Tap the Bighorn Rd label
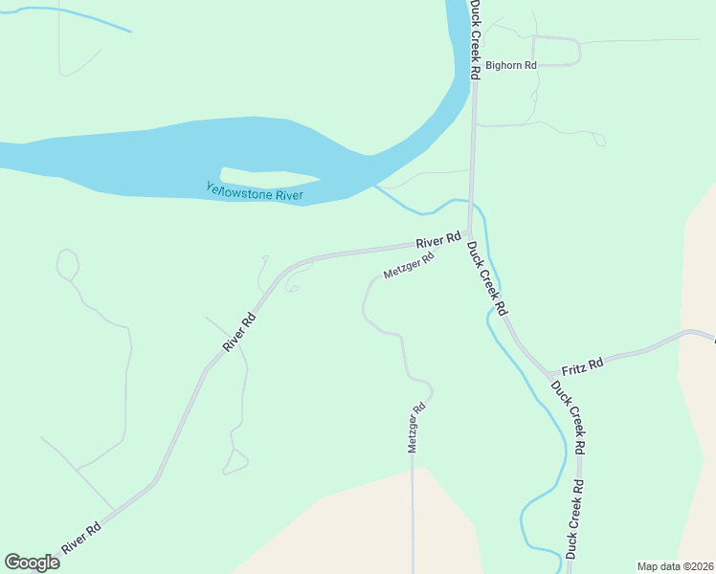click(511, 65)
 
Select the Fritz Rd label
click(582, 364)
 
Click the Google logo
click(32, 563)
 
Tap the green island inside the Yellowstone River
click(269, 177)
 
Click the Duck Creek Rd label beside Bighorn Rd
click(476, 38)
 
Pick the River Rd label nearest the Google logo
click(81, 538)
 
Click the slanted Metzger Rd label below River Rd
click(409, 265)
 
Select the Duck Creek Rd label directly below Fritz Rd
click(567, 416)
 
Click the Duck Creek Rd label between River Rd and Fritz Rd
click(486, 277)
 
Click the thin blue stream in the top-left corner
click(77, 16)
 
